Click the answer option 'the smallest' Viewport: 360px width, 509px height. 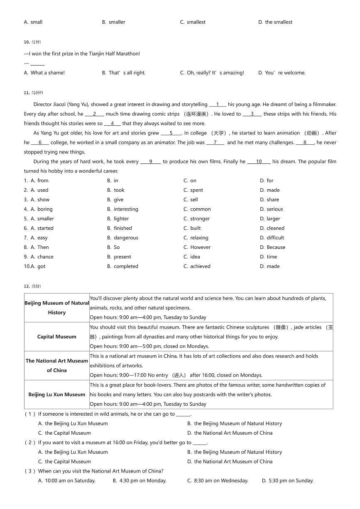278,22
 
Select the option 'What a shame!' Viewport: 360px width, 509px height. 47,73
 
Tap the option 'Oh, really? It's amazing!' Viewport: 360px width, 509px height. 215,73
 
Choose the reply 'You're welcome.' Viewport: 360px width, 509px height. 285,73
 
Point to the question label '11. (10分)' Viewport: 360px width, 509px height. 33,93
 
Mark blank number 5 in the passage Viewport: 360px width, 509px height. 171,133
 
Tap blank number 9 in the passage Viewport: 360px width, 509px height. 150,162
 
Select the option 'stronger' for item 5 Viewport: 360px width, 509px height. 200,219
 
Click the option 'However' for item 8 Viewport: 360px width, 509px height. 200,247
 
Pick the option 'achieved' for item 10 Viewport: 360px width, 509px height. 200,266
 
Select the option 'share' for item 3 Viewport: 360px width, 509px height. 273,200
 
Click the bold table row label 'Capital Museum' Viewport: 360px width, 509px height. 57,337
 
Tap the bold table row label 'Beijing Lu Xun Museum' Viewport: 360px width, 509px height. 57,395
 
